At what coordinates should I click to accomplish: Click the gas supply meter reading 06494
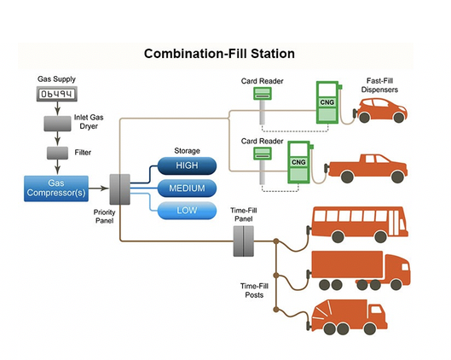click(57, 94)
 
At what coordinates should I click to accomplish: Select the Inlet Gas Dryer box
click(57, 124)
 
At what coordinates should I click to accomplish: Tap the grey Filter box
click(57, 153)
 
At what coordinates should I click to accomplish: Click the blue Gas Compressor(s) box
click(56, 189)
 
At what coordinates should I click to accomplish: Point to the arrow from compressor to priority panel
click(99, 189)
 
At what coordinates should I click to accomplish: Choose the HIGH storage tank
click(187, 165)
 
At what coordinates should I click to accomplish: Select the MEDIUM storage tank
click(187, 189)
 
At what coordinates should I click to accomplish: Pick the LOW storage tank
click(187, 211)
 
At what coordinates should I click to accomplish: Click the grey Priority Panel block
click(119, 189)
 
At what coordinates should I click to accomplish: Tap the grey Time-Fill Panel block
click(243, 241)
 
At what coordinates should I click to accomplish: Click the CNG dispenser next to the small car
click(327, 102)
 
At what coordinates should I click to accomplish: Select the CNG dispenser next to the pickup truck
click(299, 162)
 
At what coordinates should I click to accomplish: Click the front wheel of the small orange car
click(399, 117)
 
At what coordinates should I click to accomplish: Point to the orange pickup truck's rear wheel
click(347, 177)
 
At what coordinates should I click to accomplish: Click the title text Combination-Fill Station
click(219, 54)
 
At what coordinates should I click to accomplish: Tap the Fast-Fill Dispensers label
click(379, 85)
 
